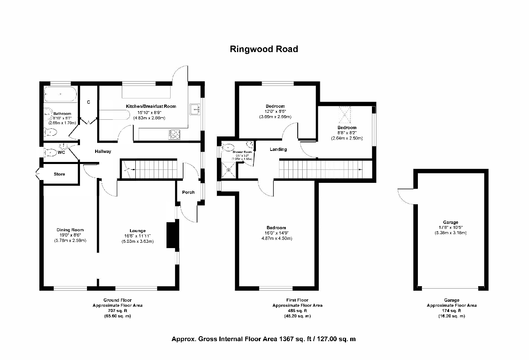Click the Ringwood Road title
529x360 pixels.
pos(264,49)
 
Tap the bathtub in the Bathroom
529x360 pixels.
pos(60,94)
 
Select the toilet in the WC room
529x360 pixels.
pos(50,152)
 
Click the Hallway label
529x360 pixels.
pos(103,151)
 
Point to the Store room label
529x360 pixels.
pos(59,174)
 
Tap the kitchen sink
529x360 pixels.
pos(194,109)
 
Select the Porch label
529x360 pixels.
pos(188,192)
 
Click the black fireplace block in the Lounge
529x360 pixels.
pos(171,235)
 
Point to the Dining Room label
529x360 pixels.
pos(70,230)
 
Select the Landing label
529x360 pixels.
pos(278,149)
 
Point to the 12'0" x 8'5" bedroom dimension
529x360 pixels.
pos(275,112)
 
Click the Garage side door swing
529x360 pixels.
pos(406,195)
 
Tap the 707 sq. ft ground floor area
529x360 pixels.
pos(117,311)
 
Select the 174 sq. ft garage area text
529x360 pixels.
pos(451,311)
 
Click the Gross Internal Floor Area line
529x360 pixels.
pos(263,339)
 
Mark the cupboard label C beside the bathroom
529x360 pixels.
pos(88,102)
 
